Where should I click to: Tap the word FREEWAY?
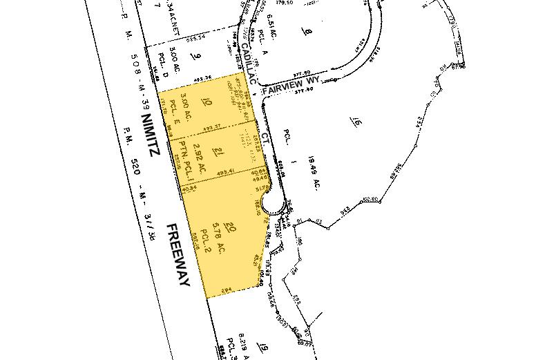pos(178,254)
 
